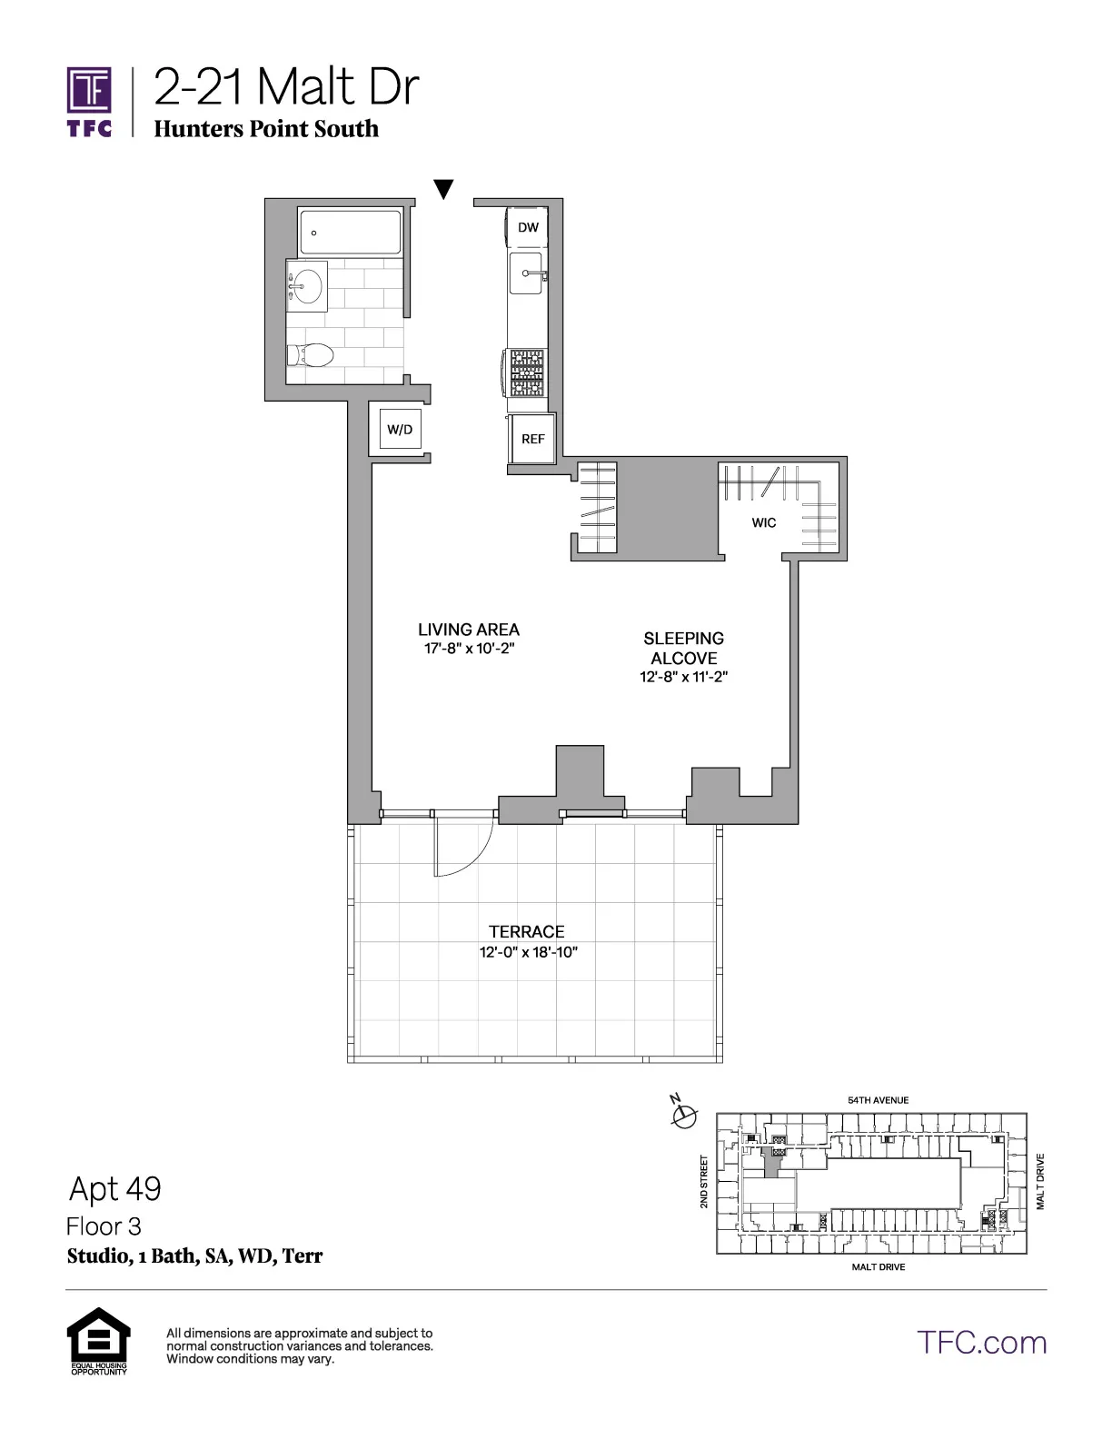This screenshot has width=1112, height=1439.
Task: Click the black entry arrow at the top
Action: tap(443, 189)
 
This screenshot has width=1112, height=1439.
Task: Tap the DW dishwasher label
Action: tap(528, 227)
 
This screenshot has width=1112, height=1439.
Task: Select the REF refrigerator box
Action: tap(532, 439)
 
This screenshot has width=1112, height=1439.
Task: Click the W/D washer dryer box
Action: tap(400, 430)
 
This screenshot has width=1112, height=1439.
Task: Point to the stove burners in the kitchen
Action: tap(527, 372)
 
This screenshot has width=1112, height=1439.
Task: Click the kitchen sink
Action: tap(528, 273)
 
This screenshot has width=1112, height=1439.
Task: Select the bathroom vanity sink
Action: tap(307, 285)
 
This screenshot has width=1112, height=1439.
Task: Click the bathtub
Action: tap(350, 233)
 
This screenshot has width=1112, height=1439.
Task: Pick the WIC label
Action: tap(764, 523)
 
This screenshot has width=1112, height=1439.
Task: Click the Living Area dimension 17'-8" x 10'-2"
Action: tap(469, 649)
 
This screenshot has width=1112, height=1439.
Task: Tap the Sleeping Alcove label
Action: tap(683, 648)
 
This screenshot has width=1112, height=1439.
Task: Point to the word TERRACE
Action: tap(527, 931)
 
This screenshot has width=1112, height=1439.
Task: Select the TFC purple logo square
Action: tap(89, 90)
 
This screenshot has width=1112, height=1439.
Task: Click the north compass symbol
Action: tap(684, 1115)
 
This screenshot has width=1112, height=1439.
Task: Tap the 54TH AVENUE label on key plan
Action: tap(878, 1100)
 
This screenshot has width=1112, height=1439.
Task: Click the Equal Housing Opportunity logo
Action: tap(99, 1340)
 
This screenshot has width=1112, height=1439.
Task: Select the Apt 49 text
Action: tap(115, 1188)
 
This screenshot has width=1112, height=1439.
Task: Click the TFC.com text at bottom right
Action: tap(981, 1342)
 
